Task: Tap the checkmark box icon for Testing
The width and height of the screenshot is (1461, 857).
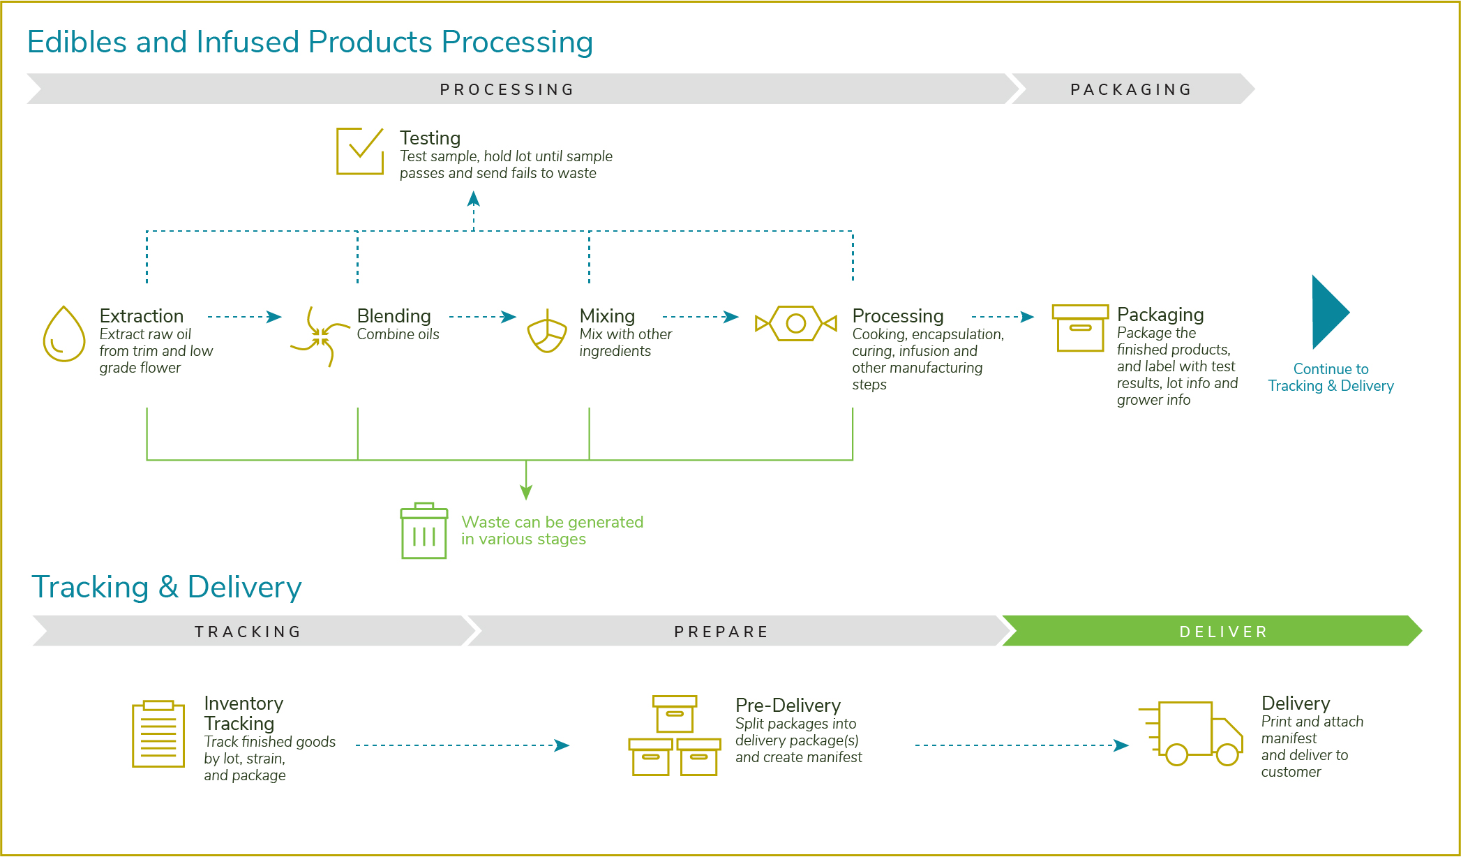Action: point(360,151)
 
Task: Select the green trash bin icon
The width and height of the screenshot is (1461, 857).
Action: point(424,530)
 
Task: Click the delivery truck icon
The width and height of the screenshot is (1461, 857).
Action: point(1191,733)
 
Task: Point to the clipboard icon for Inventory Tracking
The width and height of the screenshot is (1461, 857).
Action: point(158,733)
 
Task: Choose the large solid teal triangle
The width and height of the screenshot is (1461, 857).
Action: point(1331,312)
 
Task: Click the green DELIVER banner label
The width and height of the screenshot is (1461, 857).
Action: point(1223,632)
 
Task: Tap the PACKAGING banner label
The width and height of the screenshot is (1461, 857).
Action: point(1131,89)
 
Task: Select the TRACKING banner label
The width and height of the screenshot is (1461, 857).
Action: point(248,632)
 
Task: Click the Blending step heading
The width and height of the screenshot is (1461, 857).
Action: point(394,315)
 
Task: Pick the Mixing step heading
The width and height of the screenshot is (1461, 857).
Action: point(607,315)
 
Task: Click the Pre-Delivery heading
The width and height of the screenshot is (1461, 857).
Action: point(788,705)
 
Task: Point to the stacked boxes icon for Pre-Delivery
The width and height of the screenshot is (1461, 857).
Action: point(675,735)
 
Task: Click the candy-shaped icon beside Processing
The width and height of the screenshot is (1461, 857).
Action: point(796,323)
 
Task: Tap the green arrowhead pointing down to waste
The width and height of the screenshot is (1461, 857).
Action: point(526,492)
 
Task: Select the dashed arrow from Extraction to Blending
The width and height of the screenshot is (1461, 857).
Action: point(244,317)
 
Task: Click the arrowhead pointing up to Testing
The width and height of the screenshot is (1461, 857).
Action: point(474,199)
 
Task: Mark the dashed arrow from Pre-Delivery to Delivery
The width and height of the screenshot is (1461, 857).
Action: point(1021,745)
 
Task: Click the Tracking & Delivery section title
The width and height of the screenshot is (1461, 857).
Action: point(167,587)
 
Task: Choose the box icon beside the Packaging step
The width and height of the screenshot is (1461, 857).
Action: point(1080,328)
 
